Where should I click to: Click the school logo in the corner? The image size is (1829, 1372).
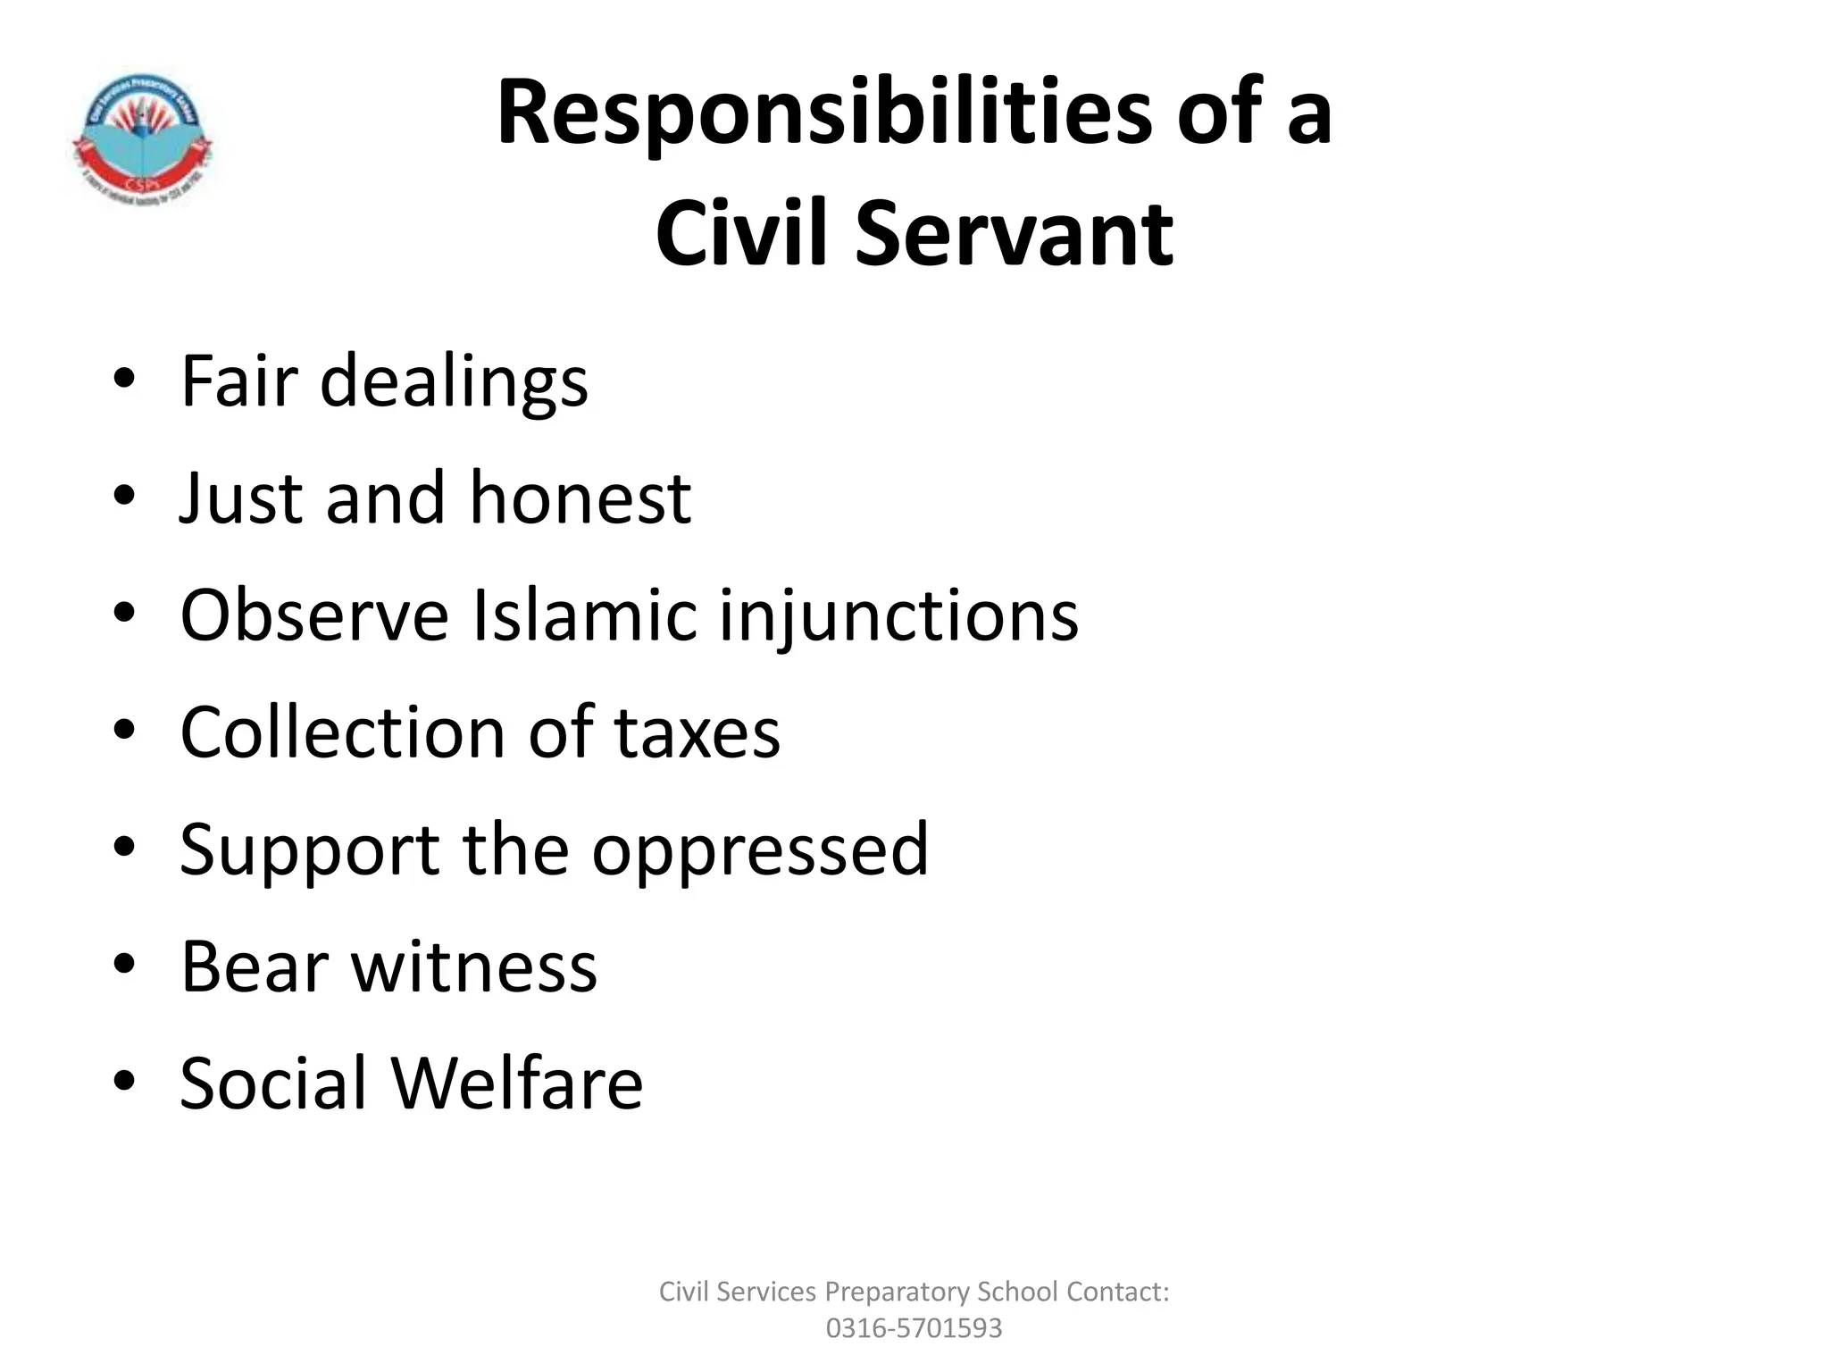click(141, 138)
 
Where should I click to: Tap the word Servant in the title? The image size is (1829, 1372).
click(1014, 234)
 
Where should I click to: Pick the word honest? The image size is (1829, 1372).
click(580, 498)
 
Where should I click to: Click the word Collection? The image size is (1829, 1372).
click(342, 732)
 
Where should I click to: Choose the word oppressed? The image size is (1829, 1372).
click(760, 850)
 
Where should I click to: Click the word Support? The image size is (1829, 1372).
click(309, 850)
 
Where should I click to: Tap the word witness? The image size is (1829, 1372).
click(474, 966)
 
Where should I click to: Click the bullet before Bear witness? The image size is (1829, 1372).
click(124, 965)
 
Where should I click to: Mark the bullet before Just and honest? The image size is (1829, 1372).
click(124, 496)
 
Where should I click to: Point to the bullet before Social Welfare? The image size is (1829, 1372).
click(124, 1082)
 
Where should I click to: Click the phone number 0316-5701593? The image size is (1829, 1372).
click(914, 1328)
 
